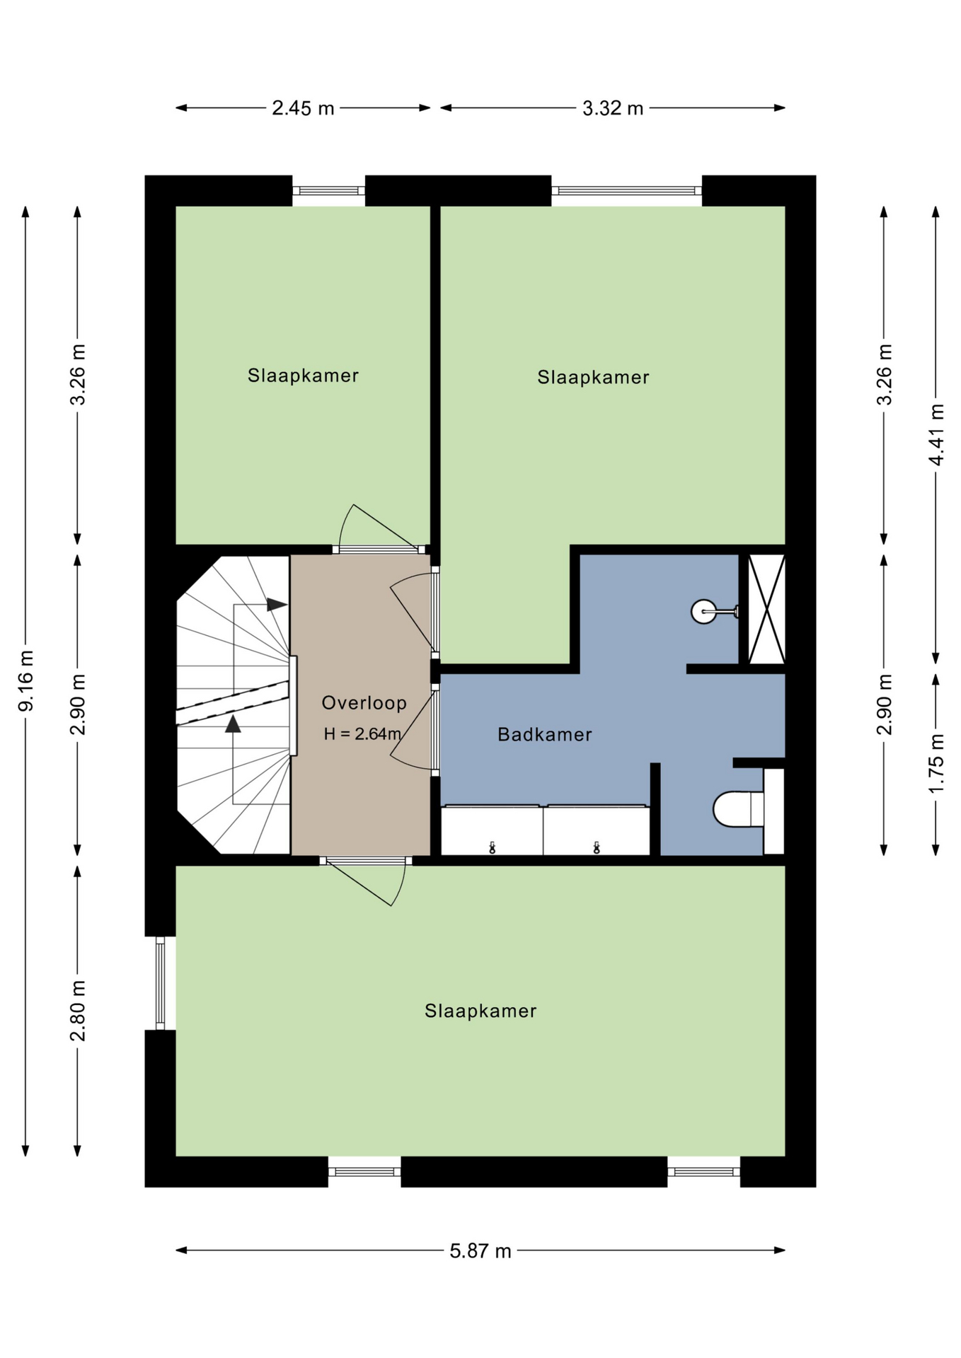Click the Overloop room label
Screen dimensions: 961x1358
364,703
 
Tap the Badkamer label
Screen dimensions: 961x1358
544,735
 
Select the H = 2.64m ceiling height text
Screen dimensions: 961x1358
362,734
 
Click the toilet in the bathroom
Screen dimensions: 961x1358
738,809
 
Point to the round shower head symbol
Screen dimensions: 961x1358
703,611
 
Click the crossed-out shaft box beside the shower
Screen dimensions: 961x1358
766,609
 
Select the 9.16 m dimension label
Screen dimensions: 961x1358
25,680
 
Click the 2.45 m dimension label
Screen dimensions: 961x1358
303,108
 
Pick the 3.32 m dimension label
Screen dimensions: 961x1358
613,108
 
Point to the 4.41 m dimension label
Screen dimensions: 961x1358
936,434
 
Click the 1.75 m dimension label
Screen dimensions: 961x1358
936,763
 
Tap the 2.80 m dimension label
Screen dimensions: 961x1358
78,1011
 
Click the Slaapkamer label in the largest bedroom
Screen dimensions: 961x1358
480,1011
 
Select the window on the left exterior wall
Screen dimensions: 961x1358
161,983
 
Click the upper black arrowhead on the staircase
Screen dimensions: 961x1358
277,605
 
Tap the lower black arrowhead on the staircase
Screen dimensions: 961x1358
233,724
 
